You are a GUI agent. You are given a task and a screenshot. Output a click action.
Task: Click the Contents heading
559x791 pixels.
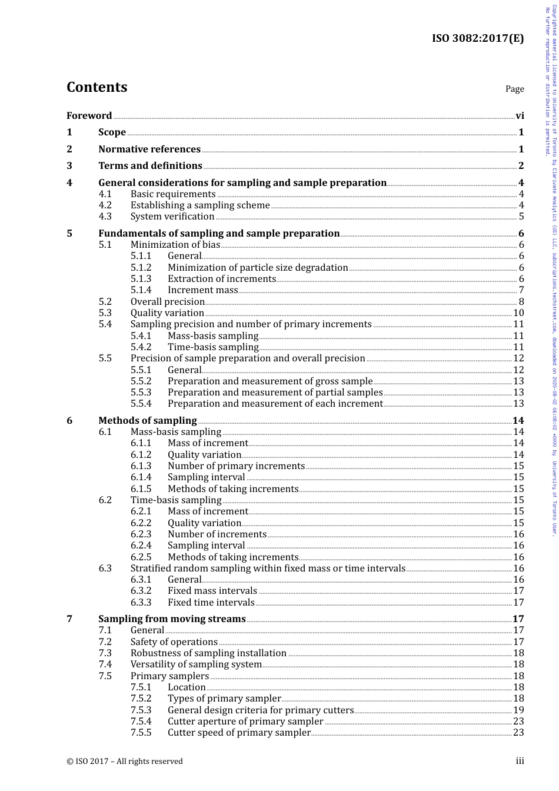pos(97,87)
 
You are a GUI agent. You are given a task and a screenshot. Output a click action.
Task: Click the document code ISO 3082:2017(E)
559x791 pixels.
pos(478,39)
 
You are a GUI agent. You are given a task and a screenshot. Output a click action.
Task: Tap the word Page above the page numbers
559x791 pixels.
pos(514,89)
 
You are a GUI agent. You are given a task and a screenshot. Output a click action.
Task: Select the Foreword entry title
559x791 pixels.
pos(89,115)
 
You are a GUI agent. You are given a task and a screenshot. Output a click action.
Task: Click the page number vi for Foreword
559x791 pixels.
pos(520,115)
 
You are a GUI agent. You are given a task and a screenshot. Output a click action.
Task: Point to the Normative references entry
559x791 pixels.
pos(149,149)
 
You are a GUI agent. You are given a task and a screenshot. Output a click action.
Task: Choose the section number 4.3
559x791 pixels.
pos(105,216)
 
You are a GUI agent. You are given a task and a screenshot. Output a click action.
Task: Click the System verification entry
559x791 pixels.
pos(172,216)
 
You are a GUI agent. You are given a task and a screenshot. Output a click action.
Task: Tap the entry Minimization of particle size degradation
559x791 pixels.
pos(258,267)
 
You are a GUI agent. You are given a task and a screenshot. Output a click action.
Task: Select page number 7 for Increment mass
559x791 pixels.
pos(521,290)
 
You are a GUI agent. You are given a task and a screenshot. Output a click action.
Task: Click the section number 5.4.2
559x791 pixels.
pos(141,347)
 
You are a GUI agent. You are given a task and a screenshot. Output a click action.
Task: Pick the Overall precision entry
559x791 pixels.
pos(167,301)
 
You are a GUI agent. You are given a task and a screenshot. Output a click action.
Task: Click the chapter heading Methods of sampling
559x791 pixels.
pos(147,420)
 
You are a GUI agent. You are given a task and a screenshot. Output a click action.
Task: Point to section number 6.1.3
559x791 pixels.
pos(141,466)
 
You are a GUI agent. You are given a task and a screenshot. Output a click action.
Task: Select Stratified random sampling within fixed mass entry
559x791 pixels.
pos(268,568)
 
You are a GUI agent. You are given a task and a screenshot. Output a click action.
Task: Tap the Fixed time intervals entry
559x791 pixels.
pos(211,602)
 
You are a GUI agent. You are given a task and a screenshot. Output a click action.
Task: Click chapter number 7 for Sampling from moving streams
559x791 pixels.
pos(69,619)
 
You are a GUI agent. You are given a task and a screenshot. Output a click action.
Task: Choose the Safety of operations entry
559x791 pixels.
pos(174,642)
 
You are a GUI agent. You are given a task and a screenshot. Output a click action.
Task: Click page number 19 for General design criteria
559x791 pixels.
pos(518,710)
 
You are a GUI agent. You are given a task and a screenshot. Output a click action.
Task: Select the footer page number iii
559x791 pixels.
pos(520,760)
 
